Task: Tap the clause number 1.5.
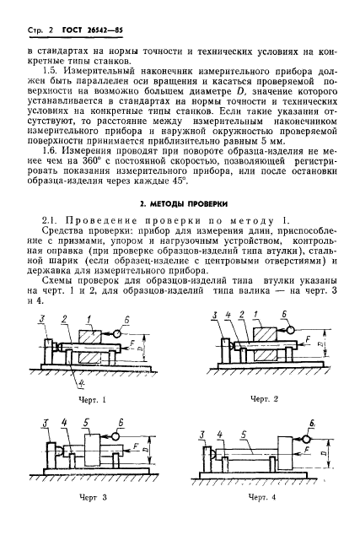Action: tap(55, 85)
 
